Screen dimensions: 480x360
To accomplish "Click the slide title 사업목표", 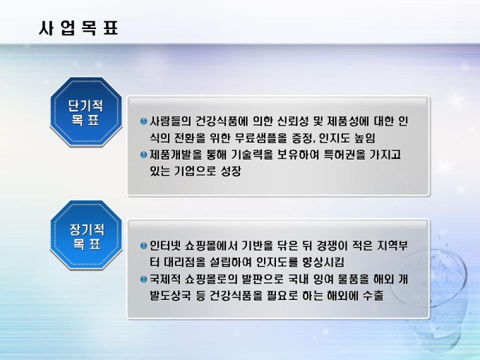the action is pos(78,28).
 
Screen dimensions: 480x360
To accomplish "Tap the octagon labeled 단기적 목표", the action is pos(86,112).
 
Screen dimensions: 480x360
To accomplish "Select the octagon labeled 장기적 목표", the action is pos(86,235).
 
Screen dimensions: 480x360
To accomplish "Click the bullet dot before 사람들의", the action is pos(143,121).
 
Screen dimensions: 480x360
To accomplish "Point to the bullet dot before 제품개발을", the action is pos(143,155).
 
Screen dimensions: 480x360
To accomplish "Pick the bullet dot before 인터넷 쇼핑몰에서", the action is pos(143,246).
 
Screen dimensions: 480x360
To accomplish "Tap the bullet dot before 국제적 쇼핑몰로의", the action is pos(143,279).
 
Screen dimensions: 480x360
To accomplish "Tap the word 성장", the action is pos(231,171).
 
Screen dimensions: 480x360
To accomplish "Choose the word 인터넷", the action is pos(164,246).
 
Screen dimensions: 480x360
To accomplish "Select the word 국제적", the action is pos(164,280).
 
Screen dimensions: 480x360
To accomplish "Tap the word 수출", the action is pos(373,296).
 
